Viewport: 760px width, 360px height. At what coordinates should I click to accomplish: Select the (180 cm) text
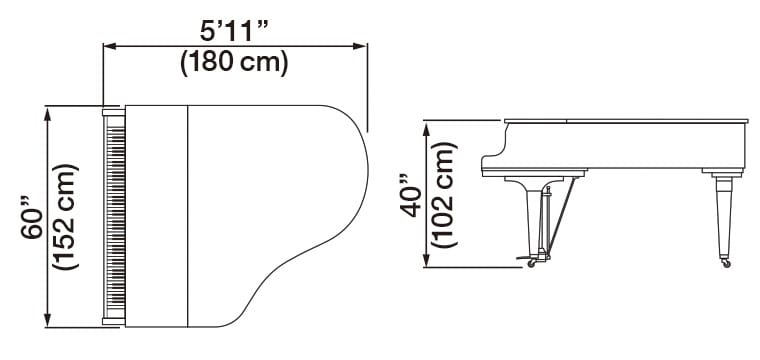[x=234, y=62]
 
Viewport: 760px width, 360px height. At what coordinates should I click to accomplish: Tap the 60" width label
[x=30, y=216]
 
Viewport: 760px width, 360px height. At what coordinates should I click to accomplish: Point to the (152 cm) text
[x=64, y=216]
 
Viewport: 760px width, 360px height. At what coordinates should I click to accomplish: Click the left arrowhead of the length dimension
[x=109, y=45]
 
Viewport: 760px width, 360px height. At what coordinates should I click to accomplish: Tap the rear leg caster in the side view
[x=726, y=263]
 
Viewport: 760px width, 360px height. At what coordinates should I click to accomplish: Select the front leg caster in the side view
[x=531, y=263]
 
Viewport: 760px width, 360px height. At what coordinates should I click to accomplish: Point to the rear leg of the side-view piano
[x=723, y=215]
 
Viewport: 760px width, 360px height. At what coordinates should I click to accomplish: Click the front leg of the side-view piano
[x=531, y=215]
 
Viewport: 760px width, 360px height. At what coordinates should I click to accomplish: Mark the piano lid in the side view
[x=625, y=122]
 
